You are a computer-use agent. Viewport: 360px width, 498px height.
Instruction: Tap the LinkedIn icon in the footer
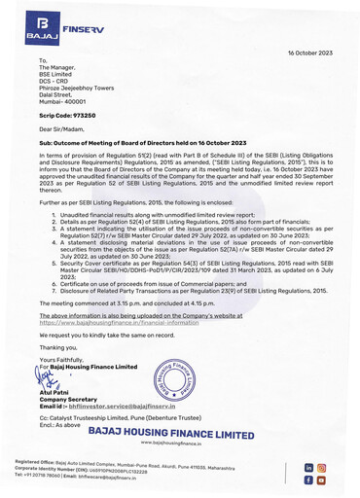(309, 468)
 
